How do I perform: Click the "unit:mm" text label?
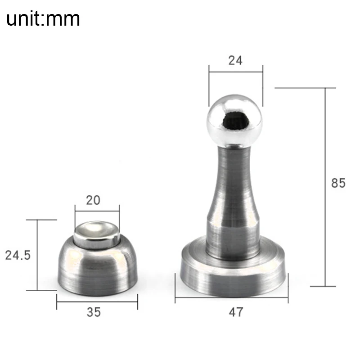[x=43, y=18]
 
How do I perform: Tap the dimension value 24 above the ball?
[x=235, y=61]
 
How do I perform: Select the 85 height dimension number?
[x=338, y=183]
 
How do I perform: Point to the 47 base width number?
[x=236, y=312]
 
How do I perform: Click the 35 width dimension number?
[x=94, y=312]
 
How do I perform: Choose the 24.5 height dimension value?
[x=18, y=255]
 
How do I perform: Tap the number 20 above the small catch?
[x=93, y=200]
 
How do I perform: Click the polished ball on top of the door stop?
[x=234, y=121]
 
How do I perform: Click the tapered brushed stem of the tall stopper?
[x=234, y=184]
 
